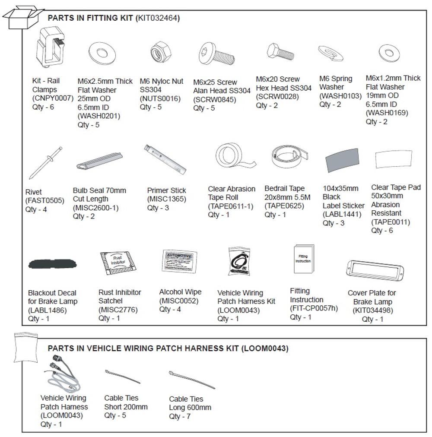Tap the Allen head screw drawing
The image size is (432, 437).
click(216, 55)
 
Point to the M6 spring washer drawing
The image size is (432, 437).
click(330, 54)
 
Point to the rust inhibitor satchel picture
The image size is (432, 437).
click(119, 263)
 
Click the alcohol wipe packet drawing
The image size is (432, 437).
click(179, 261)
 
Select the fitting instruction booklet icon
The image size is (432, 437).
click(304, 259)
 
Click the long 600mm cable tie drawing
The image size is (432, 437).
click(191, 379)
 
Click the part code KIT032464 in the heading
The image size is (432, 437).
click(158, 18)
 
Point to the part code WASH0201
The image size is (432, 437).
click(99, 116)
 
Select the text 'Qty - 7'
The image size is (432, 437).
click(180, 416)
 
